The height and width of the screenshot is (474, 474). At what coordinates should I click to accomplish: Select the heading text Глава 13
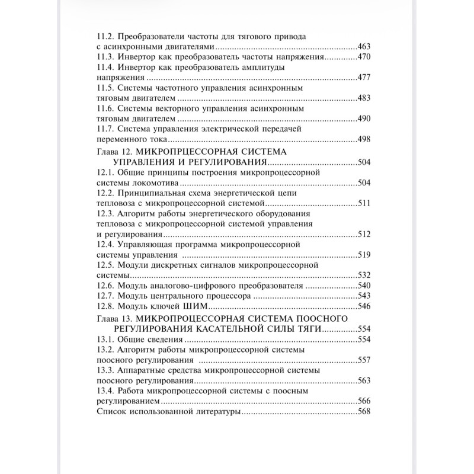coord(111,319)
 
